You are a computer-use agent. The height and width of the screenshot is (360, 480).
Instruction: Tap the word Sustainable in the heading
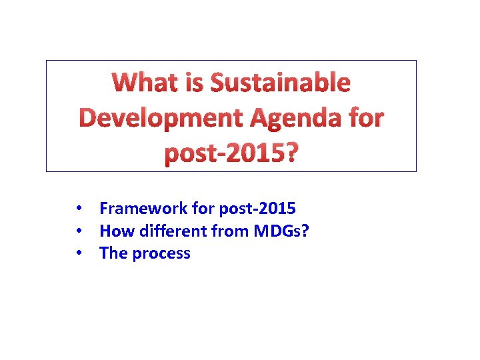point(280,83)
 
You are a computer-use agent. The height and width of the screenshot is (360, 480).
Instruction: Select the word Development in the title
point(162,118)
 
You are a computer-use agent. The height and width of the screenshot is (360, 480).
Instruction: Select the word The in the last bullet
point(113,253)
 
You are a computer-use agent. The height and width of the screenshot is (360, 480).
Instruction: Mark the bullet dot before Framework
point(79,209)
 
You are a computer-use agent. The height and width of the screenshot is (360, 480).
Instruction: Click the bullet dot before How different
point(79,231)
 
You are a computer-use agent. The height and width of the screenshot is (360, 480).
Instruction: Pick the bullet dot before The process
point(79,253)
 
